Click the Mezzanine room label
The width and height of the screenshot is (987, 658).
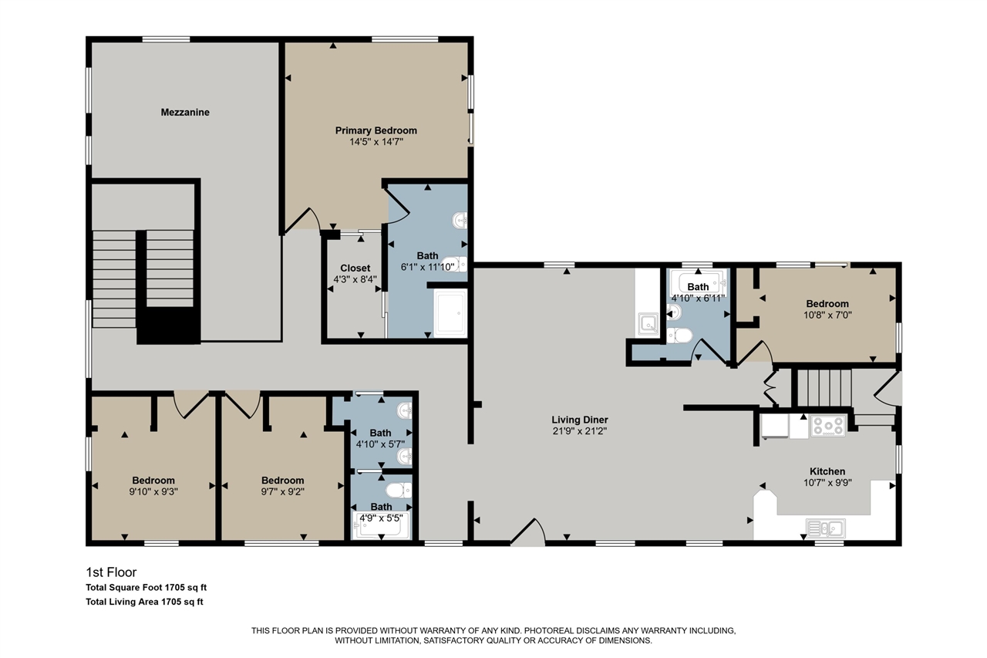[x=185, y=113]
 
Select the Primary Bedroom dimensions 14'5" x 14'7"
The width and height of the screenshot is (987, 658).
[x=376, y=142]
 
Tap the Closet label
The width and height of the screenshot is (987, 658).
[x=355, y=268]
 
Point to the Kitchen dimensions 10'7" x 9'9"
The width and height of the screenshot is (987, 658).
[x=827, y=483]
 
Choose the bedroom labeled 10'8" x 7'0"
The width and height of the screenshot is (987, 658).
[x=827, y=309]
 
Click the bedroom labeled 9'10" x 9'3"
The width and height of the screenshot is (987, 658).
[x=153, y=486]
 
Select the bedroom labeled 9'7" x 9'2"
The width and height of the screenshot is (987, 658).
[x=282, y=486]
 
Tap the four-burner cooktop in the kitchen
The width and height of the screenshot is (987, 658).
[x=827, y=426]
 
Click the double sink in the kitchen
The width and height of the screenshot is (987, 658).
[x=825, y=528]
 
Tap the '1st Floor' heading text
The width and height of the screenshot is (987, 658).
[x=111, y=572]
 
